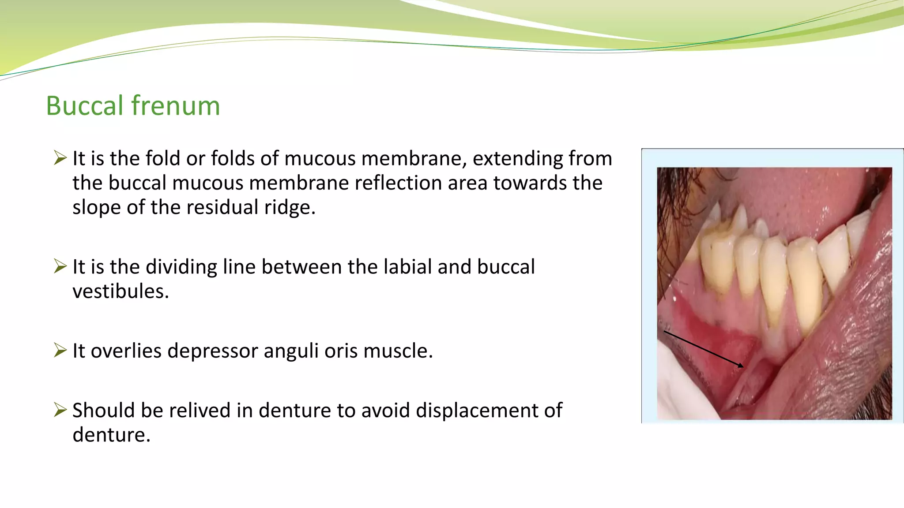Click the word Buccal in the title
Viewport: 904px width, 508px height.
click(x=84, y=106)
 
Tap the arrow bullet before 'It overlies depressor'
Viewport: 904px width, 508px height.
click(x=60, y=350)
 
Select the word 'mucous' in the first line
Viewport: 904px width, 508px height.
click(x=319, y=158)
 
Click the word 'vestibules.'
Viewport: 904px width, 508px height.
click(x=121, y=291)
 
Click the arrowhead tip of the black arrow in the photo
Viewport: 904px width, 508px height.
click(x=743, y=366)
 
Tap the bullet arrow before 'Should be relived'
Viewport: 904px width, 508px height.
click(x=60, y=410)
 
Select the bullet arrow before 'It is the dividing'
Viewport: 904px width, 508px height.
click(x=60, y=266)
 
